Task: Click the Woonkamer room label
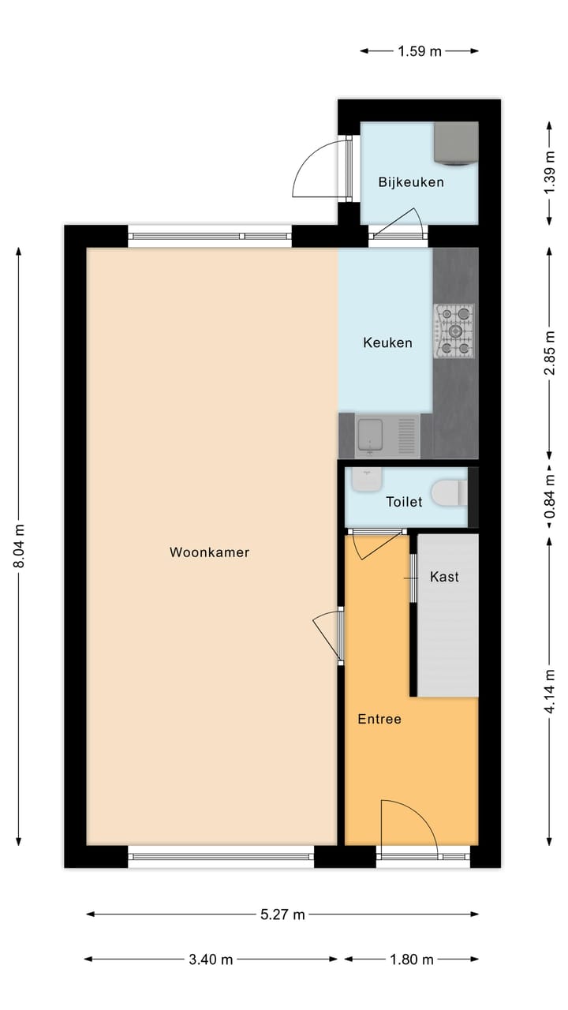coord(209,552)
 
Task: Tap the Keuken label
coord(387,342)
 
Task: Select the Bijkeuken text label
coord(410,182)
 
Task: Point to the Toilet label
coord(404,501)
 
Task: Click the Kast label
coord(444,577)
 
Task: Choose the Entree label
coord(379,719)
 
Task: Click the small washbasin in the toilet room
coord(367,481)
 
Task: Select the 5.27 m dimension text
coord(282,915)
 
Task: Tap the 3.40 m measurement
coord(211,959)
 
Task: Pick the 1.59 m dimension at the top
coord(419,51)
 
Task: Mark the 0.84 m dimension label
coord(549,500)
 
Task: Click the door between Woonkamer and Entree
coord(330,635)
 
